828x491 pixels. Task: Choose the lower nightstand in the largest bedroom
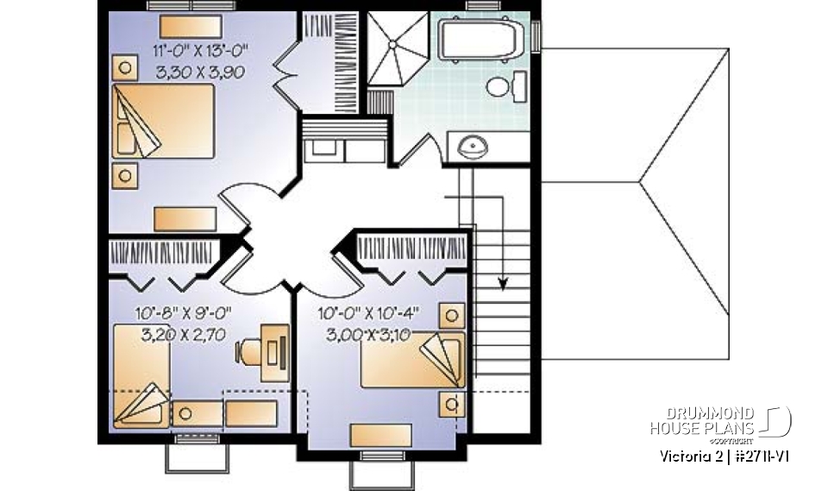[126, 175]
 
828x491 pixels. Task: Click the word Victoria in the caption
[678, 456]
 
